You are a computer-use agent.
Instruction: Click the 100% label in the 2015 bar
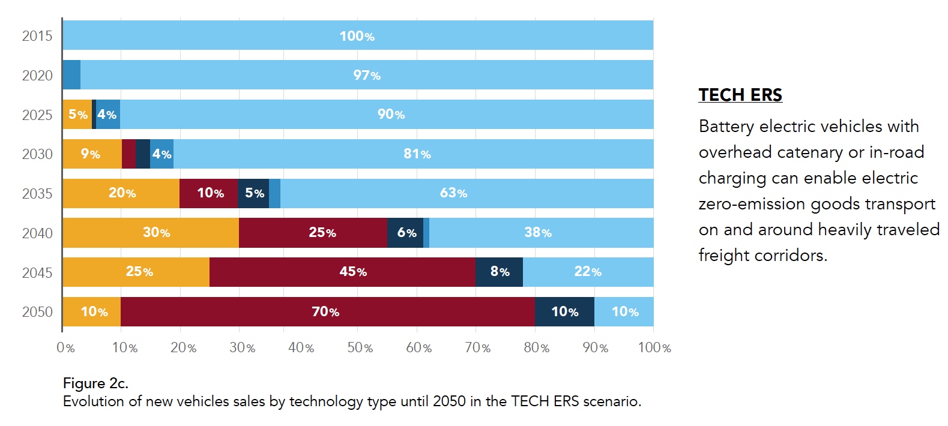click(357, 36)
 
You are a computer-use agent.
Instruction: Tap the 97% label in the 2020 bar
click(366, 76)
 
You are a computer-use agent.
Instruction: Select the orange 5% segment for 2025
click(77, 115)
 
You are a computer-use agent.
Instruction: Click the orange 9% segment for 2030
click(91, 154)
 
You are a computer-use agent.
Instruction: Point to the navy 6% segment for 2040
click(406, 233)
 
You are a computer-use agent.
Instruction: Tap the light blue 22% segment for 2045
click(588, 272)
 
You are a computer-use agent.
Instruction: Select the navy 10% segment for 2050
click(564, 312)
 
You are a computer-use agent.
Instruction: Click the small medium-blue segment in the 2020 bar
click(71, 76)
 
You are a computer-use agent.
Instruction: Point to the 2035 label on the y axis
click(37, 194)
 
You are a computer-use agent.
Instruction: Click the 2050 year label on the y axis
click(37, 312)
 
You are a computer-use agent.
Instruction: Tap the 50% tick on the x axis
click(360, 348)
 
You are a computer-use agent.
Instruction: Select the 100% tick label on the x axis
click(654, 348)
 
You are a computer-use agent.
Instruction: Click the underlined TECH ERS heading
click(740, 95)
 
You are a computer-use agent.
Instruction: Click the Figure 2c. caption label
click(95, 383)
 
